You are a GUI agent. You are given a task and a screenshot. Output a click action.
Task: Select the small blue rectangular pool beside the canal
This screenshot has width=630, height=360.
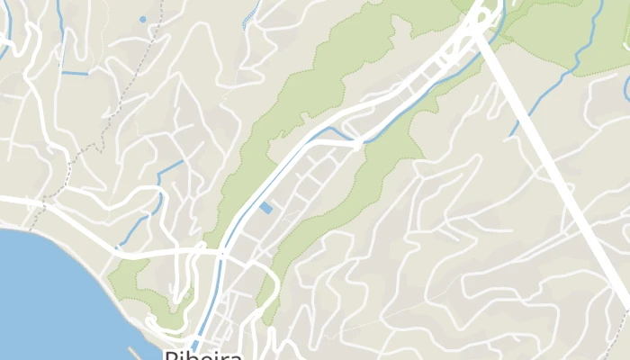(265, 208)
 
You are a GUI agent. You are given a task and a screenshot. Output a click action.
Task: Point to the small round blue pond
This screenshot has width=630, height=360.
(142, 19)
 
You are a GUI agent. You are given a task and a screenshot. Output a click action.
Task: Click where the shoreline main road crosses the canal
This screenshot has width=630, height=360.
(220, 255)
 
